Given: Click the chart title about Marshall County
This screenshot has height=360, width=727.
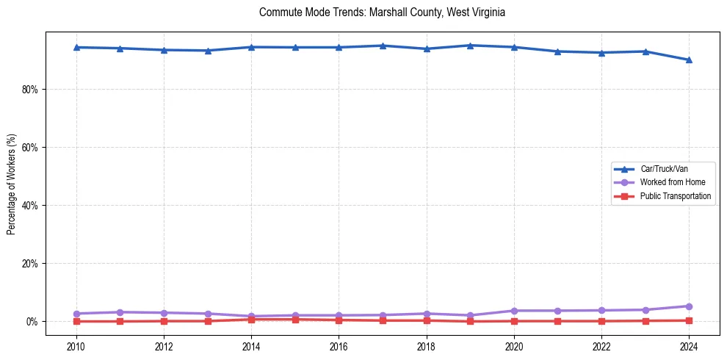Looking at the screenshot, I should (382, 12).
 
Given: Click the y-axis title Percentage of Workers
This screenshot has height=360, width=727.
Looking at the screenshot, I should (12, 184).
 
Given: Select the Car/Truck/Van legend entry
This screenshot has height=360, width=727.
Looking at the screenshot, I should (664, 169).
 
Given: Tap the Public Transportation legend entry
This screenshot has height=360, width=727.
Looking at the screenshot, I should (675, 196).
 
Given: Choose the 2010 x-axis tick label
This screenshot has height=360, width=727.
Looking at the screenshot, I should (76, 346).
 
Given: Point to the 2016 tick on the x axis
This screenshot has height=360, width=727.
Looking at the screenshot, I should (339, 346).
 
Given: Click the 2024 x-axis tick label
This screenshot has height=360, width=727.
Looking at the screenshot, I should (689, 346).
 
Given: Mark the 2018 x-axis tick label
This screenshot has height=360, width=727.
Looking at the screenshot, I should (426, 346).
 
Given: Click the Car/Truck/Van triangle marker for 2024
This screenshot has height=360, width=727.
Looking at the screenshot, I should (689, 60).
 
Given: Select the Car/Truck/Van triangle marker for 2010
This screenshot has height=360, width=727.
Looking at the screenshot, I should (76, 47).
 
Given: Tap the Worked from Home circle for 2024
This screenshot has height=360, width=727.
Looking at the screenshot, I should (689, 306).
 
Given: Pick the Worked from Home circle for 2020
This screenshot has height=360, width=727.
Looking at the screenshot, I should (514, 311).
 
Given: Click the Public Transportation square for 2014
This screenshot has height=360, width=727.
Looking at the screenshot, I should (251, 320).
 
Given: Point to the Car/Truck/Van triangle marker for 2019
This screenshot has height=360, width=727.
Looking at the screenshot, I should (470, 46).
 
